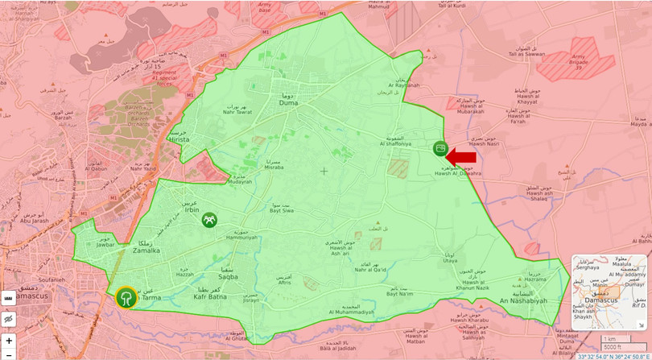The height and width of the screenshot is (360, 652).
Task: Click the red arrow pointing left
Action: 462,157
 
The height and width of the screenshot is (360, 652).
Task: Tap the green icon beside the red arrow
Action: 440,148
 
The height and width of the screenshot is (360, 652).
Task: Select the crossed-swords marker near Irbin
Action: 209,219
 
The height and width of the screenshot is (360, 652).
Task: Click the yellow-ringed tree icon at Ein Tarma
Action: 126,298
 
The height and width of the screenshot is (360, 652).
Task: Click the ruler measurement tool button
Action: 9,297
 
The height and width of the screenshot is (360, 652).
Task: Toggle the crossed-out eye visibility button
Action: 9,319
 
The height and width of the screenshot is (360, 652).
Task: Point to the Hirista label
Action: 180,139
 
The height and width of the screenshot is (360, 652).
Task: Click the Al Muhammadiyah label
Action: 351,312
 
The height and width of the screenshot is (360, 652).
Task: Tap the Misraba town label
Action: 274,168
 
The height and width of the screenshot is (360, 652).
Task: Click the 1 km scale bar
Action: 615,339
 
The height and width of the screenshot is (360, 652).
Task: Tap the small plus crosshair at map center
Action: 324,171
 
